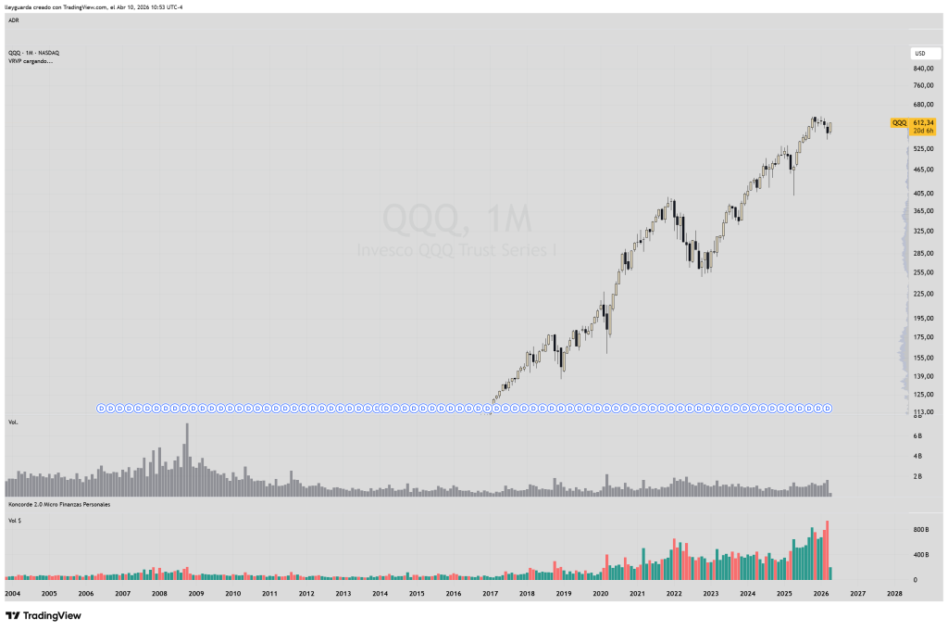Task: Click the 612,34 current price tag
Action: (923, 122)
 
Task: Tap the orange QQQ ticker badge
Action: (899, 122)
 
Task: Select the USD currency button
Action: (920, 54)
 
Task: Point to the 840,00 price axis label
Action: (922, 69)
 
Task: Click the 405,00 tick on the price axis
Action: (922, 194)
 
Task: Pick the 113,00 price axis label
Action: (922, 411)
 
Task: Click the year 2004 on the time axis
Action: (13, 593)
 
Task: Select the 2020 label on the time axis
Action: (600, 593)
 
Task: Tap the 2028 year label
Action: (894, 593)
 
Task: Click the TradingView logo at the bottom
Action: (44, 615)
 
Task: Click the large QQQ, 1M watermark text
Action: (457, 220)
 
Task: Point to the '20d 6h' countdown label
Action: (923, 131)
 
